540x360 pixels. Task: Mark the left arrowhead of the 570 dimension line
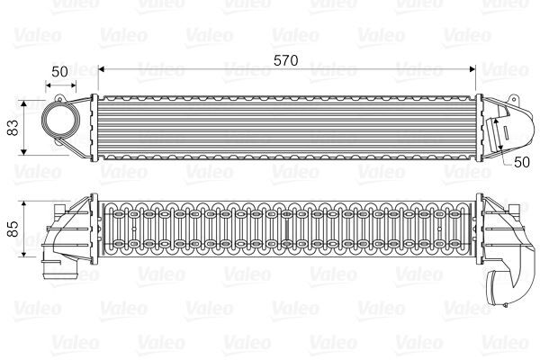[x=101, y=67]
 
